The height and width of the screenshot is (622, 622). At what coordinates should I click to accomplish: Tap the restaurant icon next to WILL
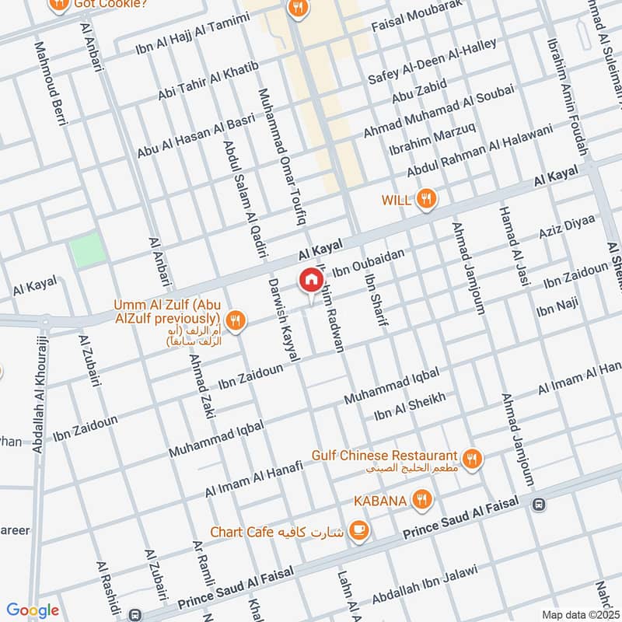click(425, 199)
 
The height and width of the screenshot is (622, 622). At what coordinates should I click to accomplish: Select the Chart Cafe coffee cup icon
click(358, 532)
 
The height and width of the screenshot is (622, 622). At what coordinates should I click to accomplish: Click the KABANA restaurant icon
click(421, 500)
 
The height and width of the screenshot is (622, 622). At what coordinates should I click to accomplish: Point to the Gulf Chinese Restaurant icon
click(471, 458)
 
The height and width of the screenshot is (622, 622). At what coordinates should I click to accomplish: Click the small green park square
click(86, 250)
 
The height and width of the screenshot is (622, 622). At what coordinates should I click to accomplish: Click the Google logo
click(33, 610)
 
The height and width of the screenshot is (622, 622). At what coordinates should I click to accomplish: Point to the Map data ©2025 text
click(579, 614)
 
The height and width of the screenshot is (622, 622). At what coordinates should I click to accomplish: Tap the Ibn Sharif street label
click(375, 299)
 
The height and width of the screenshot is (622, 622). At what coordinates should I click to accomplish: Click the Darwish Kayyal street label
click(283, 319)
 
